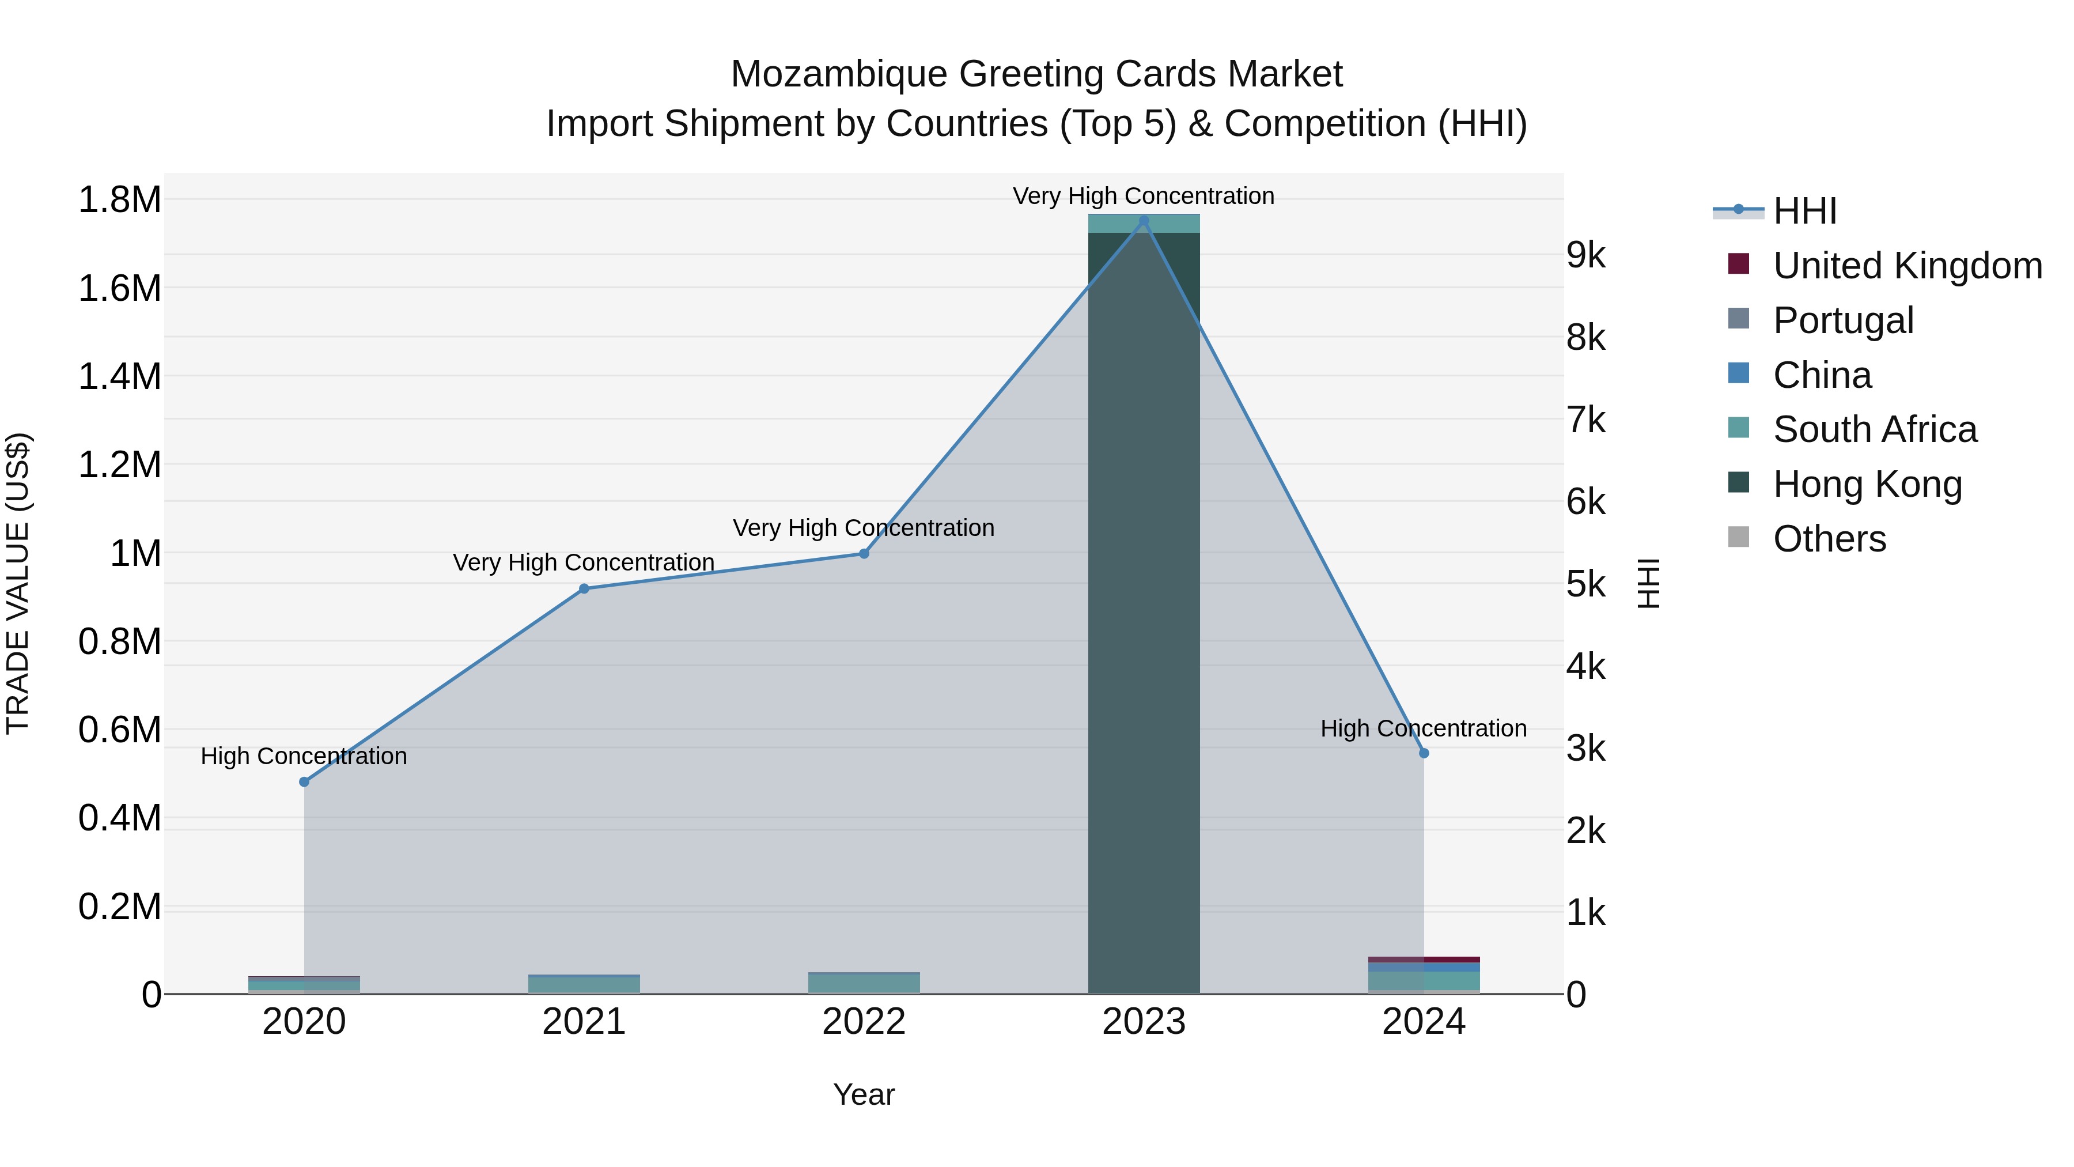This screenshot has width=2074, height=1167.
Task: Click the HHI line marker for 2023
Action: tap(1143, 220)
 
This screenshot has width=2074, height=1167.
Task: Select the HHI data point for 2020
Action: tap(304, 782)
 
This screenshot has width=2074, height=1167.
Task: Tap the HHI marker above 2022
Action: tap(864, 553)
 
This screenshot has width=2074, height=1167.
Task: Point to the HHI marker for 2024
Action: tap(1424, 753)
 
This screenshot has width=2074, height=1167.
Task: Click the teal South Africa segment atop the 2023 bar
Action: tap(1143, 223)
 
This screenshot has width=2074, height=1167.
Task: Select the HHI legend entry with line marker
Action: tap(1739, 211)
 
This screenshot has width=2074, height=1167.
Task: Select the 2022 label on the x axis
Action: tap(864, 1022)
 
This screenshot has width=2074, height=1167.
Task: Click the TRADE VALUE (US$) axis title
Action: tap(18, 583)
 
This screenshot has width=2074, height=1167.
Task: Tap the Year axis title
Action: tap(864, 1094)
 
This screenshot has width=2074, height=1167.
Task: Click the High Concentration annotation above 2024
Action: tap(1424, 728)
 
